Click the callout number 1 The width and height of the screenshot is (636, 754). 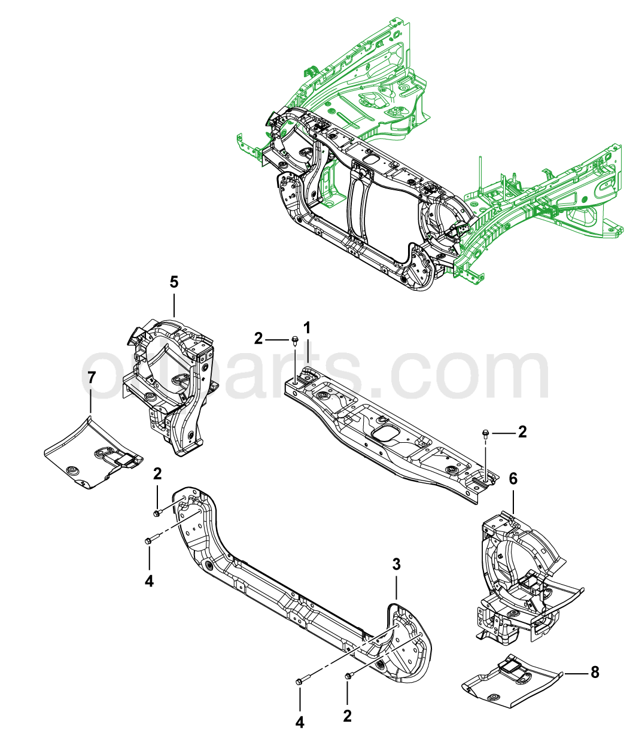click(x=307, y=328)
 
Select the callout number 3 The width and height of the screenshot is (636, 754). click(x=396, y=564)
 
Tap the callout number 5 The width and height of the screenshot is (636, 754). click(x=174, y=281)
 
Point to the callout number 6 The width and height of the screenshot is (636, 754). click(x=513, y=479)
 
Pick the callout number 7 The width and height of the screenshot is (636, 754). click(x=91, y=378)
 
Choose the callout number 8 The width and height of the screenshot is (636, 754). click(x=594, y=672)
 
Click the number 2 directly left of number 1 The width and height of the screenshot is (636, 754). click(x=258, y=339)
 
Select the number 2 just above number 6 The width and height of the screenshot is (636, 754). click(x=522, y=432)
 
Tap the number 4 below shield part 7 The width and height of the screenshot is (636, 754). click(x=149, y=580)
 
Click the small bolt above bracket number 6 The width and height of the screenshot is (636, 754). click(x=485, y=433)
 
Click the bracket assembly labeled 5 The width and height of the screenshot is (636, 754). click(x=174, y=383)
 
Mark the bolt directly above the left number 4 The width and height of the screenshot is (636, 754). click(x=150, y=540)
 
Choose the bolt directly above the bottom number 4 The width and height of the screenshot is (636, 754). click(x=300, y=680)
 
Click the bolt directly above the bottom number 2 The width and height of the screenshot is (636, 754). click(x=348, y=676)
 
